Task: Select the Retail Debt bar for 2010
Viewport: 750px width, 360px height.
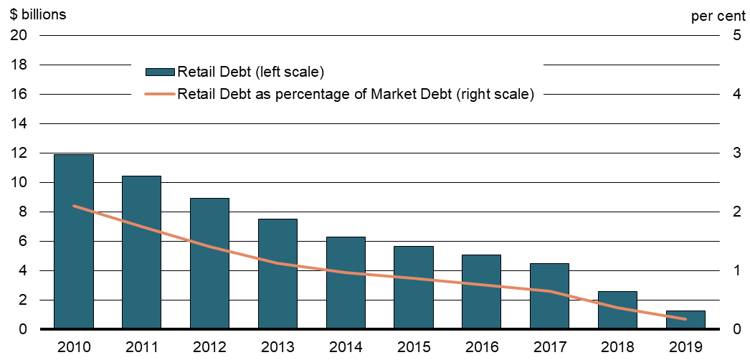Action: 74,242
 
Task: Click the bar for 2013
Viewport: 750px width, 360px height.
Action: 278,274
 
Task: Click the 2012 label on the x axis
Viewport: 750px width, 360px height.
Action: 210,347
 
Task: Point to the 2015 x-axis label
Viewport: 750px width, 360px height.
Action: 414,347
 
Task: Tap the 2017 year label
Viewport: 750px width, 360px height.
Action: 551,347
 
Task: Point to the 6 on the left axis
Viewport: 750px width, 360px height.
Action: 23,241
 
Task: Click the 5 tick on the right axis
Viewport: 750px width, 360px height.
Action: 736,35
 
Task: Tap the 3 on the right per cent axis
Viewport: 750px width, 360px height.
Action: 736,153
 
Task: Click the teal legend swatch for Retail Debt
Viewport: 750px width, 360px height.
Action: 160,72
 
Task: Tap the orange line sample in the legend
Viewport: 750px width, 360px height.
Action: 160,94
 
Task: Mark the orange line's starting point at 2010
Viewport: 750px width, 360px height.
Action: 74,206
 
